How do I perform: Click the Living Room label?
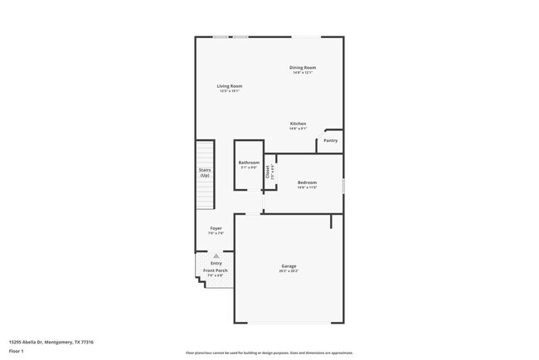[x=230, y=86]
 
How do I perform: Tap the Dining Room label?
[x=303, y=67]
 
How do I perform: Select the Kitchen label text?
[x=299, y=124]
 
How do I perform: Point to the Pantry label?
[x=331, y=141]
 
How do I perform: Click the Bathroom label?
[x=249, y=163]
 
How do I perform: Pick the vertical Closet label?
[x=268, y=173]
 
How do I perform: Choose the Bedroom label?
[x=308, y=182]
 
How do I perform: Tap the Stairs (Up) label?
[x=205, y=173]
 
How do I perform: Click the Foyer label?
[x=216, y=228]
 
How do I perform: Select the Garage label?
[x=289, y=266]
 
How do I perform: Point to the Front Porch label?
[x=217, y=270]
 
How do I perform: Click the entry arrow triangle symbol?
[x=216, y=255]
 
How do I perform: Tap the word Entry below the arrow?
[x=216, y=263]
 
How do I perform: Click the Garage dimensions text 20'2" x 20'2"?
[x=289, y=271]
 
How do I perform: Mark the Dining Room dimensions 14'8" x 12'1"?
[x=303, y=72]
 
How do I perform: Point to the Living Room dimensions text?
[x=230, y=91]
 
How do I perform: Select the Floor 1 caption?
[x=17, y=351]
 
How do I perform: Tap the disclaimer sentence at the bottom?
[x=269, y=353]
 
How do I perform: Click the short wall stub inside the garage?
[x=331, y=221]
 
